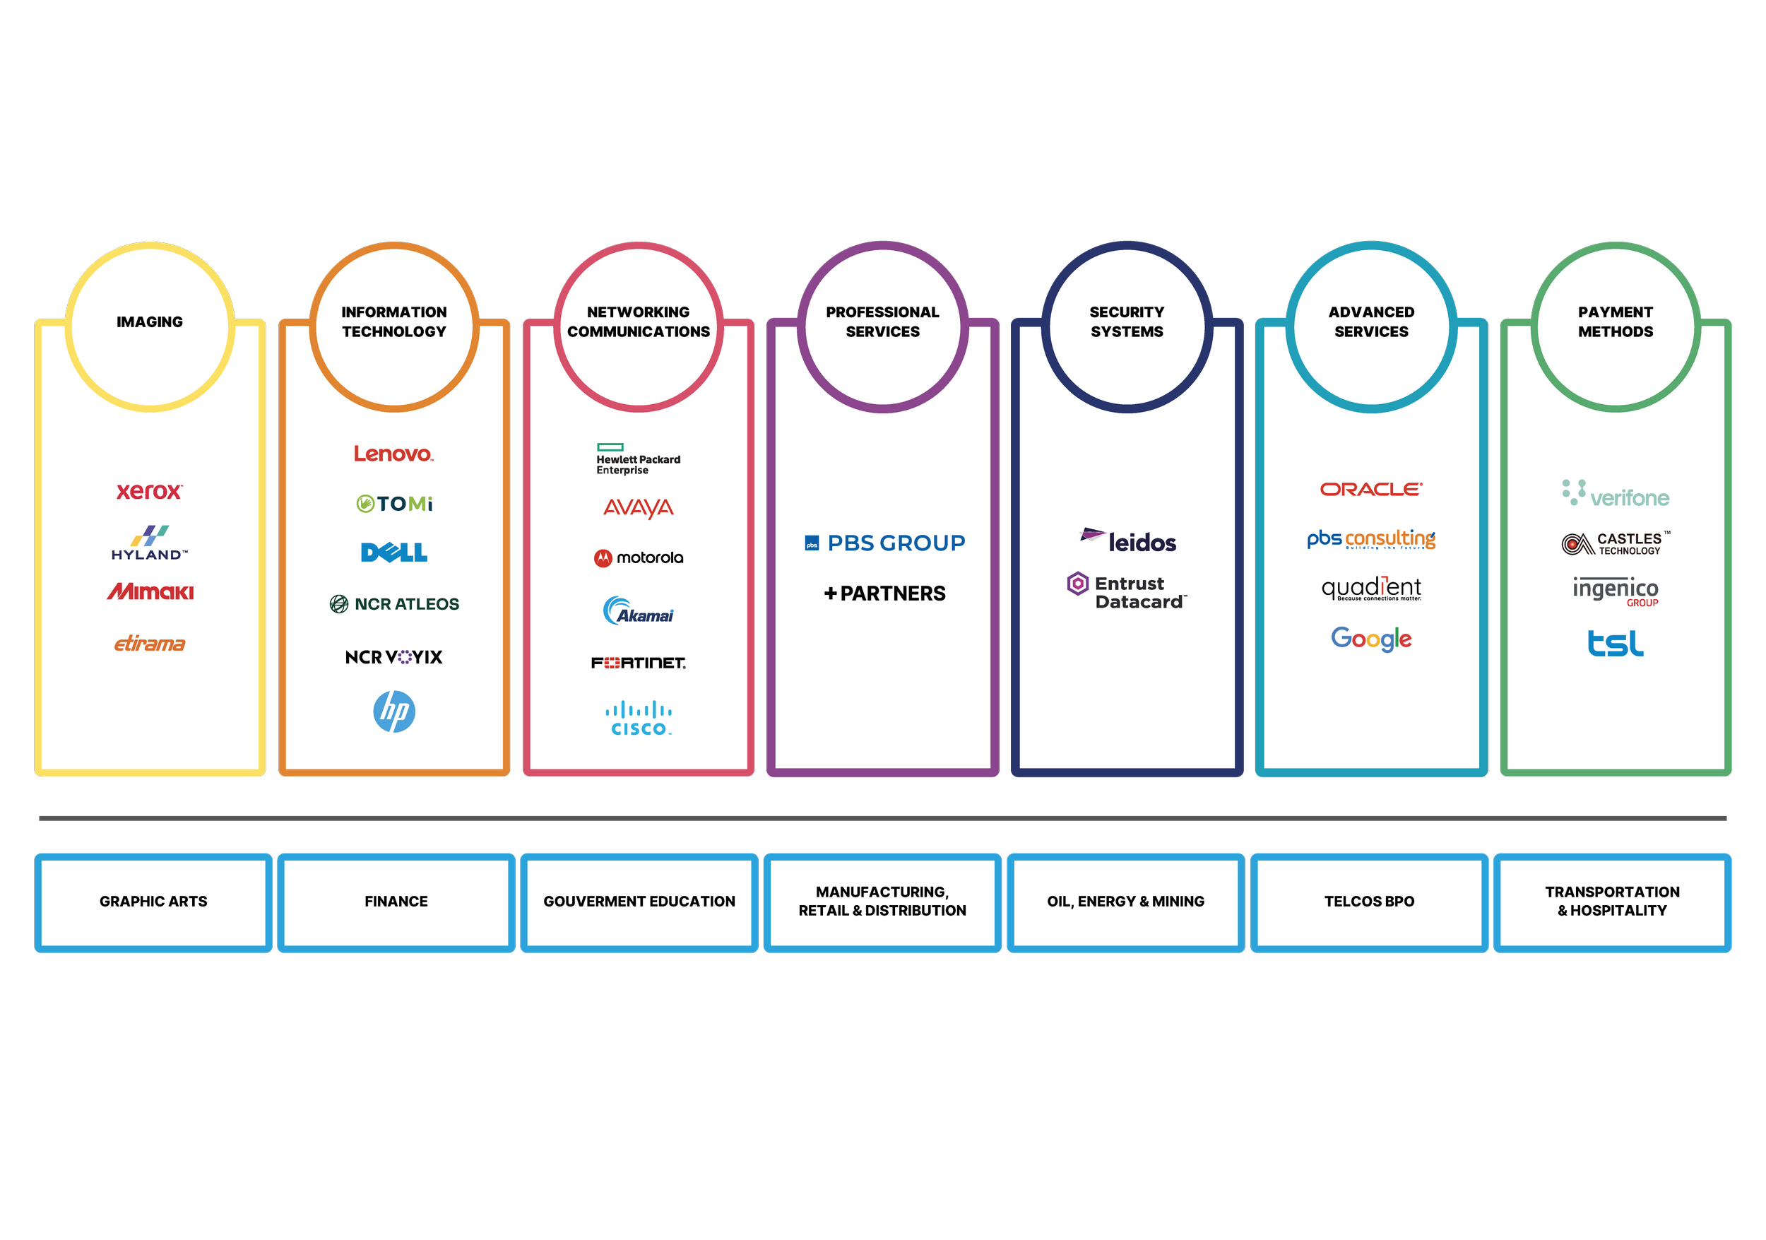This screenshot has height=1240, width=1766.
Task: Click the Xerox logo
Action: pyautogui.click(x=149, y=491)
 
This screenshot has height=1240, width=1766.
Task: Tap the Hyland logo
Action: pyautogui.click(x=149, y=543)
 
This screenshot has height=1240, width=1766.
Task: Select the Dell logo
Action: pyautogui.click(x=393, y=553)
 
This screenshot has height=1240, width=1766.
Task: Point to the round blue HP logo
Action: pyautogui.click(x=393, y=711)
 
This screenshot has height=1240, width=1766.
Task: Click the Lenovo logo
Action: pyautogui.click(x=393, y=454)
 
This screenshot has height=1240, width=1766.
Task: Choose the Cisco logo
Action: pyautogui.click(x=639, y=719)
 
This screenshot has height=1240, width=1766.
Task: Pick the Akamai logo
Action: pyautogui.click(x=639, y=610)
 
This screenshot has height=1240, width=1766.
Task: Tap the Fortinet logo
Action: pyautogui.click(x=639, y=662)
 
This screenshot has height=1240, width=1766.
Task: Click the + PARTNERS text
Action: pyautogui.click(x=884, y=593)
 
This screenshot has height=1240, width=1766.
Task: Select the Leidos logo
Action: pyautogui.click(x=1128, y=541)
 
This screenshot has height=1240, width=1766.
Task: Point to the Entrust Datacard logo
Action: pyautogui.click(x=1127, y=591)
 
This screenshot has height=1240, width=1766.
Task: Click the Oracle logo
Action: pyautogui.click(x=1371, y=489)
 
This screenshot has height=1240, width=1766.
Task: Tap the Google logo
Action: pyautogui.click(x=1371, y=639)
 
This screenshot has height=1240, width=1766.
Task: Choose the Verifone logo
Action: pyautogui.click(x=1616, y=494)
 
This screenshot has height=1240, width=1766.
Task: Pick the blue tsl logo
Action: pyautogui.click(x=1616, y=643)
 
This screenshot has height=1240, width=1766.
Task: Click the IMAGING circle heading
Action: pyautogui.click(x=150, y=322)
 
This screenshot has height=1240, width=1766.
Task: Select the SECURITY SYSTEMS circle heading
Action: pyautogui.click(x=1127, y=322)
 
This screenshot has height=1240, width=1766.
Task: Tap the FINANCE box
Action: pyautogui.click(x=396, y=902)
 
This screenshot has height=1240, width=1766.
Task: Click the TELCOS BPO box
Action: pyautogui.click(x=1369, y=902)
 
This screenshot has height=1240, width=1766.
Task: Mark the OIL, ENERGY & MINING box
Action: pyautogui.click(x=1126, y=902)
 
